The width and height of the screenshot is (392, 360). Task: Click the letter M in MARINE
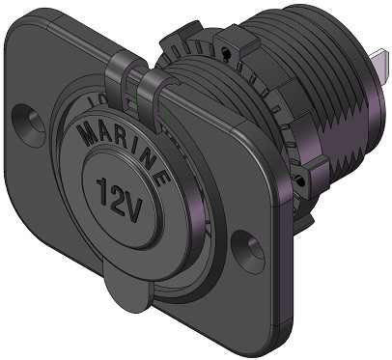point(90,133)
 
